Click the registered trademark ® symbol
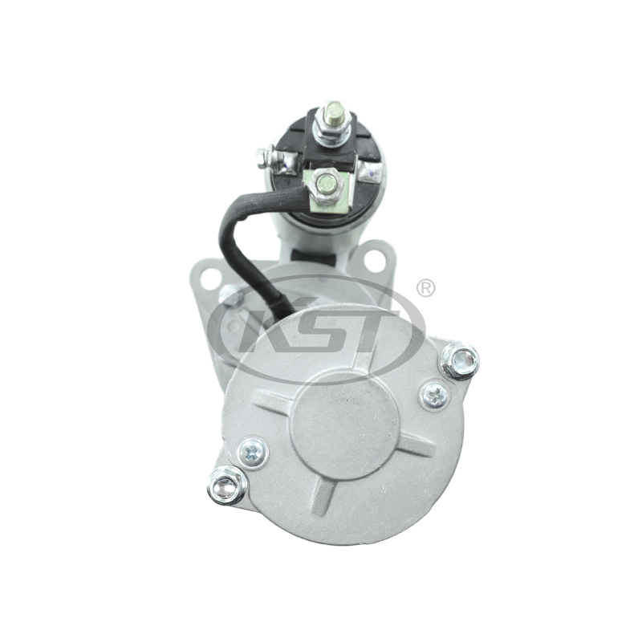coord(426,289)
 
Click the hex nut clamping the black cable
coord(326,183)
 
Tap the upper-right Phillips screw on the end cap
coord(436,396)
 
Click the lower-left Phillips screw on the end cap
coord(252,453)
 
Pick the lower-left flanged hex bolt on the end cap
coord(226,487)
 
